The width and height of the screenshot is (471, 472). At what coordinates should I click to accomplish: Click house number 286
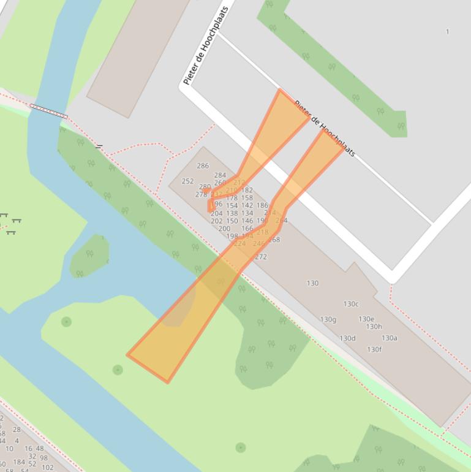[203, 166]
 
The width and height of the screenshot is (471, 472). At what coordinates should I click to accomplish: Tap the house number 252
[187, 181]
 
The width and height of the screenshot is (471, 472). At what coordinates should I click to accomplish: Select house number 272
[261, 257]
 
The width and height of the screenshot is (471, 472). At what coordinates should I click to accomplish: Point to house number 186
[262, 206]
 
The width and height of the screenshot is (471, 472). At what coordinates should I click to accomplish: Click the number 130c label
[351, 304]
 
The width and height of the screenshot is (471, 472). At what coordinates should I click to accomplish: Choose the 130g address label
[328, 319]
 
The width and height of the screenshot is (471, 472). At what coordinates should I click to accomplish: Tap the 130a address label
[390, 338]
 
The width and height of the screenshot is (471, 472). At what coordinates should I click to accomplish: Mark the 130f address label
[374, 349]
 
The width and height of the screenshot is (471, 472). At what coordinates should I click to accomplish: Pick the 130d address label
[347, 338]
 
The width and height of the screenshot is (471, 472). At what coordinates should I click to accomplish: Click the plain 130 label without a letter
[312, 283]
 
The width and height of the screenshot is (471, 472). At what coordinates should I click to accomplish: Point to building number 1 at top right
[448, 31]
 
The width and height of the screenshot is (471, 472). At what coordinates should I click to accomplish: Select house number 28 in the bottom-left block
[17, 430]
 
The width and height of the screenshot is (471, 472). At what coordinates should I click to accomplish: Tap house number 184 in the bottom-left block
[19, 462]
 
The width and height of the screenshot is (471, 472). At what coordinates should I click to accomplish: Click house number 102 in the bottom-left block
[47, 468]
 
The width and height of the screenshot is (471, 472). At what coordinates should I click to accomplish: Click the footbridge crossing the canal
[48, 111]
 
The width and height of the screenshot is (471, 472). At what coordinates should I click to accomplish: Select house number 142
[247, 206]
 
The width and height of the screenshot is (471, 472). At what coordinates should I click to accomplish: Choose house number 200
[224, 229]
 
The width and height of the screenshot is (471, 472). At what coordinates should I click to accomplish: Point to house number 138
[232, 213]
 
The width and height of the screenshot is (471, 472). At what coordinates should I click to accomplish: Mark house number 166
[247, 229]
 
